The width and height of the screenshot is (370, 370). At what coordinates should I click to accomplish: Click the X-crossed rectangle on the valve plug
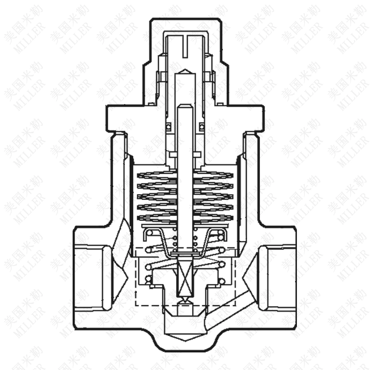(185, 277)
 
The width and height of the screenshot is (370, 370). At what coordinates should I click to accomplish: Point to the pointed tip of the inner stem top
(185, 71)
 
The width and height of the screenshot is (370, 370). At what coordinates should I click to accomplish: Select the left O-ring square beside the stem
(169, 126)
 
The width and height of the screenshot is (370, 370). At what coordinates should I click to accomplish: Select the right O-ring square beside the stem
(201, 126)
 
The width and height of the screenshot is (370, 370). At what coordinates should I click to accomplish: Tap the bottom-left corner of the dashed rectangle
(136, 305)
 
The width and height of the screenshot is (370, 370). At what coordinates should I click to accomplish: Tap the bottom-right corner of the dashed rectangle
(235, 305)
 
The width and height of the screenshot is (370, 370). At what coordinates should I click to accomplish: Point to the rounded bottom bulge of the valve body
(185, 345)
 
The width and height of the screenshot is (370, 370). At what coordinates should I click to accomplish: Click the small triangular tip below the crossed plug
(185, 301)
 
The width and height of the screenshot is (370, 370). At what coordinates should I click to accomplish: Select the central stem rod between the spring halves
(185, 194)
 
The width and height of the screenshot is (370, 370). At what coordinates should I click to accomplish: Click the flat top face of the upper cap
(185, 19)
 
